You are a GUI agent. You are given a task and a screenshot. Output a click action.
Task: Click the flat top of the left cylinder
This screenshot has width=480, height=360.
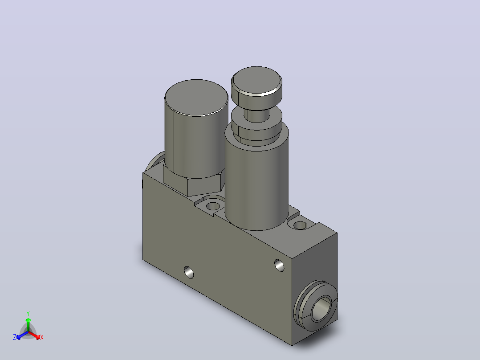[196, 98]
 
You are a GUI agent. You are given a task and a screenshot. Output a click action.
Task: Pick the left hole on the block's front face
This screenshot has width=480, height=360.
[189, 272]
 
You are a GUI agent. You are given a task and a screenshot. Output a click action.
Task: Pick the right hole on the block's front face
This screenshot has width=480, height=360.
[279, 266]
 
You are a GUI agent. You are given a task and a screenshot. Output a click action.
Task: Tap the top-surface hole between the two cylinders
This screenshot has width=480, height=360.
[212, 205]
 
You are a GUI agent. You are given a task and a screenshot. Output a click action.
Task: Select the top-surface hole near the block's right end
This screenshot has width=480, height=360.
[300, 225]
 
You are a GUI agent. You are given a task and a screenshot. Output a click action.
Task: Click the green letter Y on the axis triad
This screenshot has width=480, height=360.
[28, 313]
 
